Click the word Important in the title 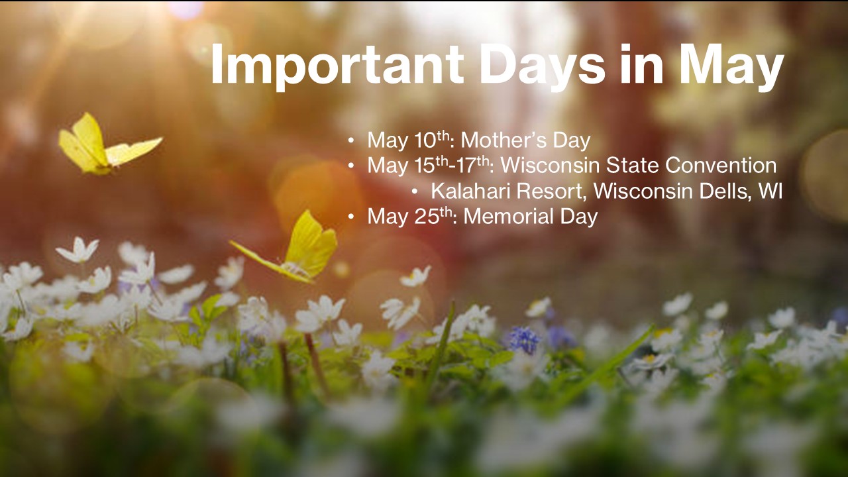pos(337,65)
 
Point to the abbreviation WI pos(770,191)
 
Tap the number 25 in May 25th pos(427,217)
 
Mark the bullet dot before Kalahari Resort pos(415,191)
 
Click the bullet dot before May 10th pos(351,141)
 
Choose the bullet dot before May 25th pos(351,217)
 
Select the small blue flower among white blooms pos(524,340)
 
